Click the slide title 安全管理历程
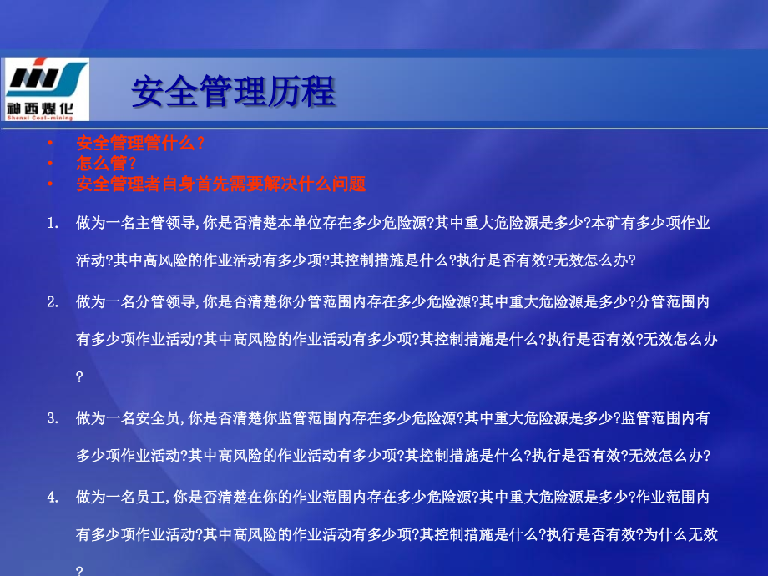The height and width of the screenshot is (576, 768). pyautogui.click(x=233, y=92)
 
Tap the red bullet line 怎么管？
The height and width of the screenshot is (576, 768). pyautogui.click(x=106, y=163)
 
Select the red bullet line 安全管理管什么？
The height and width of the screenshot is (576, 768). pyautogui.click(x=140, y=143)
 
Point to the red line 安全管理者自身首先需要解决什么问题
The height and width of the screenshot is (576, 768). pyautogui.click(x=220, y=184)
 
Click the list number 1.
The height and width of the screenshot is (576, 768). pyautogui.click(x=53, y=223)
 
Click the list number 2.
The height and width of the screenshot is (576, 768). pyautogui.click(x=53, y=301)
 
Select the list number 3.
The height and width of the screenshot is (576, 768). pyautogui.click(x=53, y=417)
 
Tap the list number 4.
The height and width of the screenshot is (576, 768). pyautogui.click(x=53, y=498)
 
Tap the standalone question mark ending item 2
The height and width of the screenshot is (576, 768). pyautogui.click(x=79, y=377)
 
